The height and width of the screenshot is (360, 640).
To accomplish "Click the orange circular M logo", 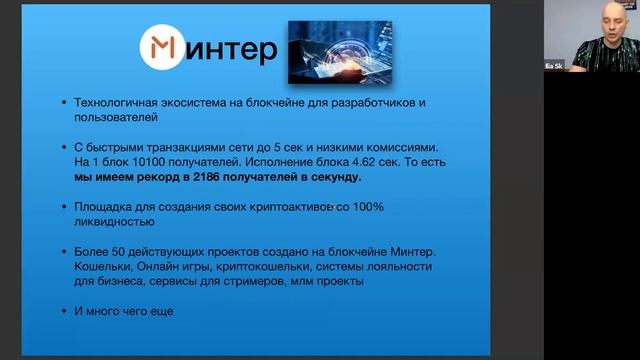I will pyautogui.click(x=162, y=47).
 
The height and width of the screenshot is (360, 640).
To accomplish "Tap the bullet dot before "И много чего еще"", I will pyautogui.click(x=64, y=312).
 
